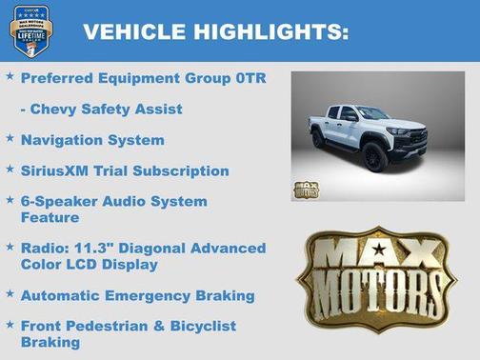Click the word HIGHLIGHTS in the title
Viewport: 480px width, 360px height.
(x=271, y=31)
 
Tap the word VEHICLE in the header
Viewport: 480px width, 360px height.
(x=134, y=31)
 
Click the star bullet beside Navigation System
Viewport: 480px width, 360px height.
(x=10, y=139)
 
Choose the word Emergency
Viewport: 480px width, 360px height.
(x=149, y=295)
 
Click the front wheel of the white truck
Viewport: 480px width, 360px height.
(x=376, y=156)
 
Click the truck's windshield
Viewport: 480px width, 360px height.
(x=370, y=113)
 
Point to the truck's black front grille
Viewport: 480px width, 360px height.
(x=415, y=138)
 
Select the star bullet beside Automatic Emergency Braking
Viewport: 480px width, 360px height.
(x=10, y=294)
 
